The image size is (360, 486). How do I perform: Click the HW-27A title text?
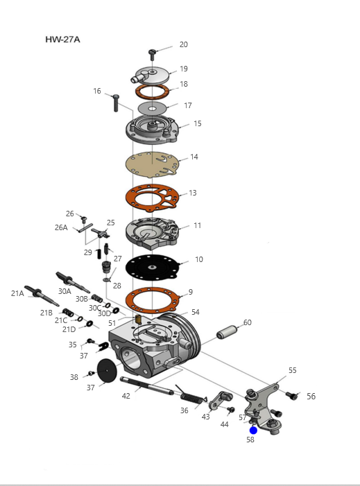pyautogui.click(x=62, y=40)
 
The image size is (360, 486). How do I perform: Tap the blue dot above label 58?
pyautogui.click(x=253, y=431)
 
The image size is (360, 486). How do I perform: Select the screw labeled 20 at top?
pyautogui.click(x=152, y=55)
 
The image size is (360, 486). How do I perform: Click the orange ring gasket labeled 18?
pyautogui.click(x=152, y=91)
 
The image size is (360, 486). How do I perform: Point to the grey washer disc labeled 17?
pyautogui.click(x=152, y=108)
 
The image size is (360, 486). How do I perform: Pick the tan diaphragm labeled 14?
pyautogui.click(x=152, y=164)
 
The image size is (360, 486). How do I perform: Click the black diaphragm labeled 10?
pyautogui.click(x=153, y=267)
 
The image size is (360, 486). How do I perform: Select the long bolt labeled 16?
pyautogui.click(x=116, y=103)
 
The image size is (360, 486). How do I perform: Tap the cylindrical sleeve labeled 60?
pyautogui.click(x=228, y=332)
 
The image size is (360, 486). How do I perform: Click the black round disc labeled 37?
pyautogui.click(x=107, y=371)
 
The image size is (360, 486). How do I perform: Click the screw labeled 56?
pyautogui.click(x=291, y=395)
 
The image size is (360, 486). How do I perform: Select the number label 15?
pyautogui.click(x=198, y=123)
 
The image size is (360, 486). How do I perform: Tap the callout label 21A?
pyautogui.click(x=17, y=293)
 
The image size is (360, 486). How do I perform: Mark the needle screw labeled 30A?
pyautogui.click(x=73, y=282)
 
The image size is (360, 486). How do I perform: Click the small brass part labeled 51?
pyautogui.click(x=138, y=319)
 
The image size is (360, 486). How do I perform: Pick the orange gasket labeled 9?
pyautogui.click(x=153, y=300)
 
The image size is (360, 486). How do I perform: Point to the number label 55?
pyautogui.click(x=293, y=370)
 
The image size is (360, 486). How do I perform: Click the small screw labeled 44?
pyautogui.click(x=231, y=410)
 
